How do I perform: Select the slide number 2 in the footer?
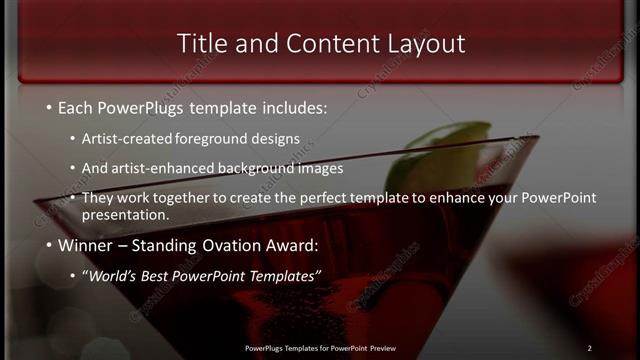pyautogui.click(x=589, y=348)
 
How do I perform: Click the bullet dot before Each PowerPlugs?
pyautogui.click(x=49, y=106)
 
